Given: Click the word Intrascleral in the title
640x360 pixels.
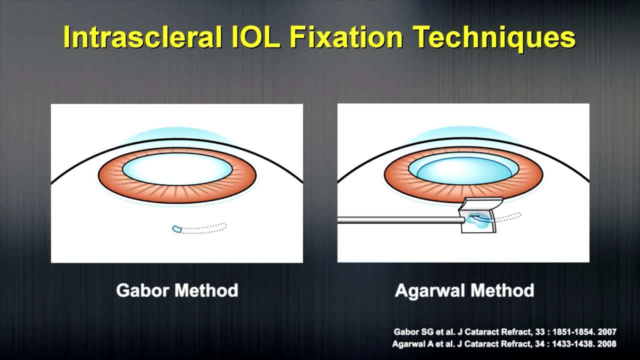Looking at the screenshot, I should click(142, 37).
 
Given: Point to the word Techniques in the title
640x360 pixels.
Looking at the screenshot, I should click(495, 37).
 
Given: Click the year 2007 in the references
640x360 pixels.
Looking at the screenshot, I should click(607, 331).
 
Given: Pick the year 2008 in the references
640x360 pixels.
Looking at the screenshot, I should click(607, 343).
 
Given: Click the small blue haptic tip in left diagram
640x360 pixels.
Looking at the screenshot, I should click(176, 229).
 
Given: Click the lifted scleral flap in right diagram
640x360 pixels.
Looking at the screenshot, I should click(481, 204).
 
